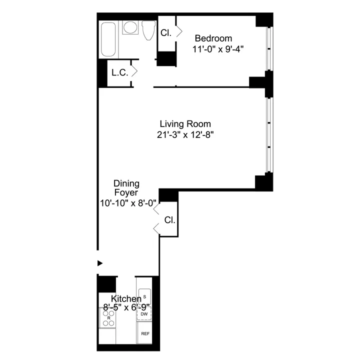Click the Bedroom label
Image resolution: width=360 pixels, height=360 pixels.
(213, 38)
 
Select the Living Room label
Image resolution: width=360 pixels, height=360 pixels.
(185, 123)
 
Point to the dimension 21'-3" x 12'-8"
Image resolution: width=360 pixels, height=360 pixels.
(185, 134)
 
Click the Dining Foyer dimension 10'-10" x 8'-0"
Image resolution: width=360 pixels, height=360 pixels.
(128, 203)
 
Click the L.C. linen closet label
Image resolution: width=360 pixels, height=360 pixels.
(119, 72)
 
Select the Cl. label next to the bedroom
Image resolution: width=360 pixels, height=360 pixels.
(166, 33)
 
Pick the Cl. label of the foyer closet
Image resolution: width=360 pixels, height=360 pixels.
(170, 219)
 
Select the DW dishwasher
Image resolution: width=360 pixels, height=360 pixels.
(144, 313)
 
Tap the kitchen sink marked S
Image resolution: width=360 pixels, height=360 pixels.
(144, 296)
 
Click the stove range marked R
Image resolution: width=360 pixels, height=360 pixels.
(108, 317)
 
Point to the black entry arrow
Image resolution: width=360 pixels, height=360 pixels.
(100, 263)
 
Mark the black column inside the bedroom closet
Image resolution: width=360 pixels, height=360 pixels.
(166, 58)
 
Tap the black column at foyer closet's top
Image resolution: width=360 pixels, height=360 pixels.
(168, 195)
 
